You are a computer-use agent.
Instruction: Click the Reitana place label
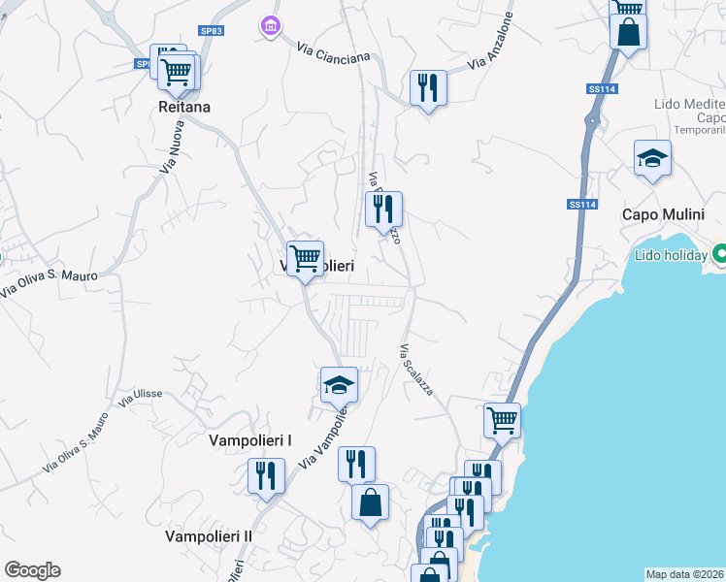point(185,108)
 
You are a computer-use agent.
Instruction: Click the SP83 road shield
point(212,31)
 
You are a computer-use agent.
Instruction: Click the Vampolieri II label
point(209,535)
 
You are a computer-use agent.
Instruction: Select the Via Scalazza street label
point(416,369)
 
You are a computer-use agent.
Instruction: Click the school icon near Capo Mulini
point(652,158)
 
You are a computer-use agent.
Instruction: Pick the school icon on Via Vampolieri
point(340,385)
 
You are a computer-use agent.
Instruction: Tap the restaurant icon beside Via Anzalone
point(427,87)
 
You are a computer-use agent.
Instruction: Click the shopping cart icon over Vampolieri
point(306,258)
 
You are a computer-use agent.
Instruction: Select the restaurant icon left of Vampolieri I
point(265,475)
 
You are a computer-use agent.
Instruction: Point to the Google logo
point(32,570)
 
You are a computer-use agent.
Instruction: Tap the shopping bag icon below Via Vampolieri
point(370,502)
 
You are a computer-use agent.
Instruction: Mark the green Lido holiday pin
point(720,255)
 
